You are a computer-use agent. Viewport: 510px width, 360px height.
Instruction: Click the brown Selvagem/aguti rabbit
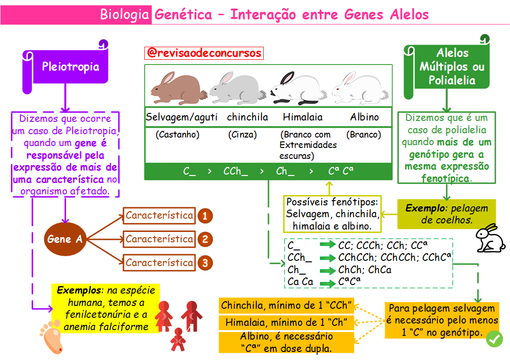pos(178,88)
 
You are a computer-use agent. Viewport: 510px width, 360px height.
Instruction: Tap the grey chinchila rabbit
pos(237,88)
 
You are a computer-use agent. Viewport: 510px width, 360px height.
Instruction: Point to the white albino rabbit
pos(360,88)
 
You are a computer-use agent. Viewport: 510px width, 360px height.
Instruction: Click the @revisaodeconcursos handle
pos(204,53)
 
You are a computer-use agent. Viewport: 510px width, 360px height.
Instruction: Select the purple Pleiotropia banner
pos(65,67)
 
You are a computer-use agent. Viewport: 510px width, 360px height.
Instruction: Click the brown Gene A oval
pos(65,239)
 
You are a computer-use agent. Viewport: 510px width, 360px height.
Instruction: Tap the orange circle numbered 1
pos(205,216)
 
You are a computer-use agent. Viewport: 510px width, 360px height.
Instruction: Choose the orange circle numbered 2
pos(205,240)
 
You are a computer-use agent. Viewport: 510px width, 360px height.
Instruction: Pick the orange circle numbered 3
pos(205,263)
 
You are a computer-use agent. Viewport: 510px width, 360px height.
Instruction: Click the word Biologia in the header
pos(124,15)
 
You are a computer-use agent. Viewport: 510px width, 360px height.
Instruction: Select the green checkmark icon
pos(494,339)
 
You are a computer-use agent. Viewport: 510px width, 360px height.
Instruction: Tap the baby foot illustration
pos(51,337)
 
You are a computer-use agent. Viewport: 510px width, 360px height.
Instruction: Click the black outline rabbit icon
pos(491,238)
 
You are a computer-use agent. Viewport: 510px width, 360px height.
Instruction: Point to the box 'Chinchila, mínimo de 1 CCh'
pos(286,305)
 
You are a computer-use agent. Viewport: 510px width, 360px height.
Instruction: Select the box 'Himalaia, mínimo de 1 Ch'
pos(286,322)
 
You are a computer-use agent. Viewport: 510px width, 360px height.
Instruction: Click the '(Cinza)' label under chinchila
pos(242,134)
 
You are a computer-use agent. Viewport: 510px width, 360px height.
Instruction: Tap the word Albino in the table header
pos(365,117)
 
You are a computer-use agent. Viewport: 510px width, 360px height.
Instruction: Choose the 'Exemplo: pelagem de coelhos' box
pos(446,214)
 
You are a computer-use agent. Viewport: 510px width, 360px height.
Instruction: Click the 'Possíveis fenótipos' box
pos(332,213)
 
